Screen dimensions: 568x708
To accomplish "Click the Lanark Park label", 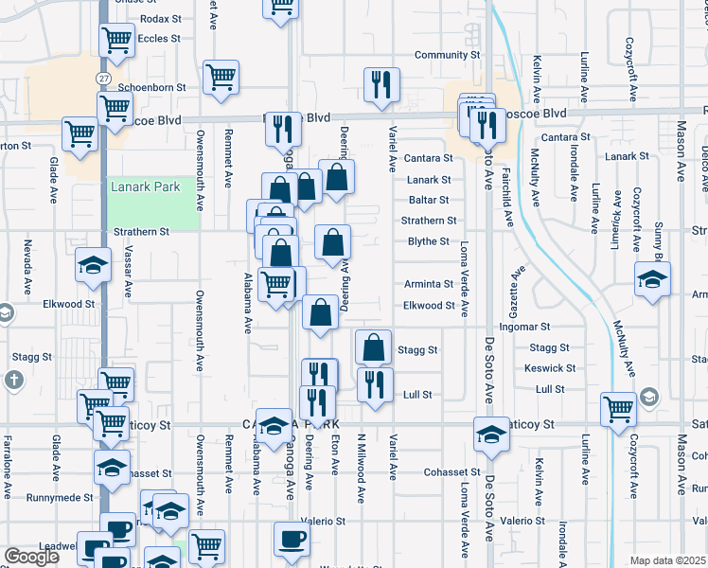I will pos(145,187).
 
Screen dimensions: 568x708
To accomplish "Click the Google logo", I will pos(31,557).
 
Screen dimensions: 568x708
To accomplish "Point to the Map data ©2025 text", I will pos(668,560).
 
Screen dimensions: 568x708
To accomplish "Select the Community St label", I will pos(447,56).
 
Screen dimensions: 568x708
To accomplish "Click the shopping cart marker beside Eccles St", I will pos(116,40).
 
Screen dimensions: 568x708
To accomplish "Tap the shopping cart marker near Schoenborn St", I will pos(221,77).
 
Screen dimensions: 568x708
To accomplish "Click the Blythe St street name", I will pos(428,241).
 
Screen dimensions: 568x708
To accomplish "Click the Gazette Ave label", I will pos(517,284).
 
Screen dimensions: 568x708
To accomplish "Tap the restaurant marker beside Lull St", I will pos(375,383).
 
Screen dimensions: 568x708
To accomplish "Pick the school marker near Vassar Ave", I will pos(94,266).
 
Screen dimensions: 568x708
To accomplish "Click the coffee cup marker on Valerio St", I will pos(292,539).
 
